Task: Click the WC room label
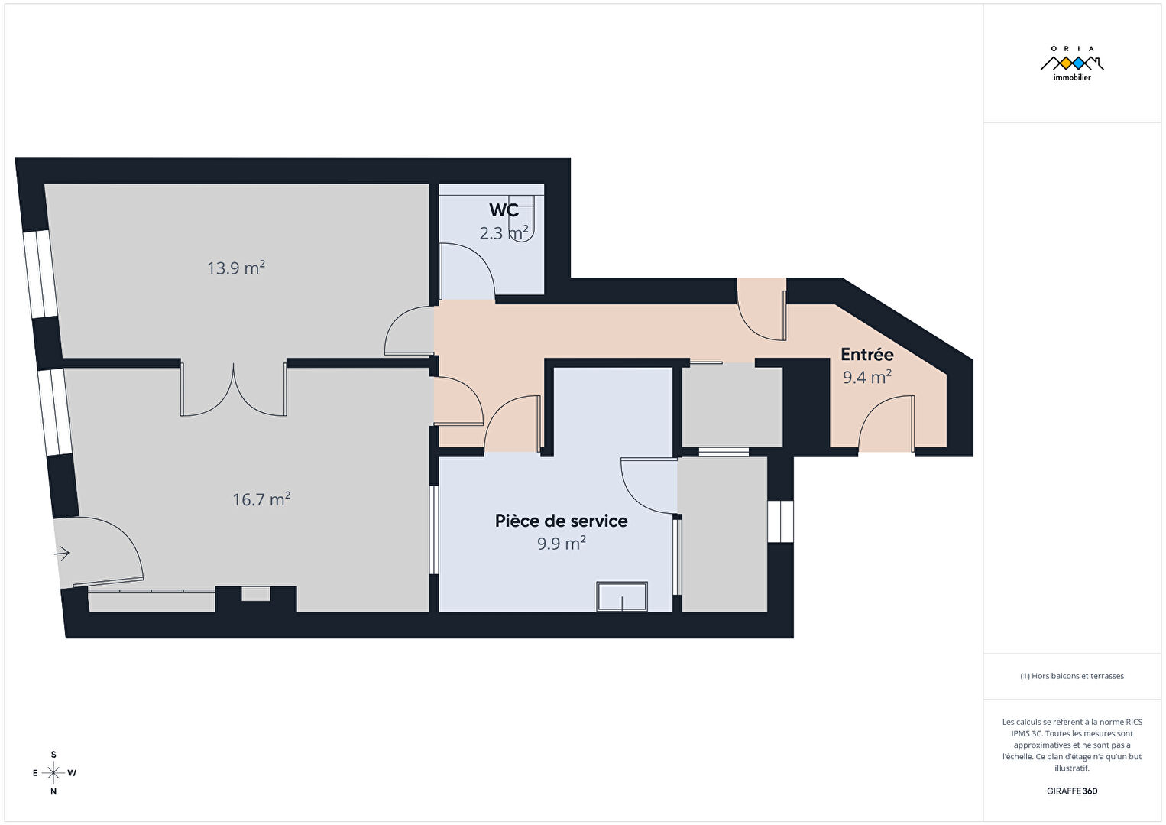pos(504,210)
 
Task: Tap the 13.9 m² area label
pos(236,268)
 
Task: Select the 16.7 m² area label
pos(261,499)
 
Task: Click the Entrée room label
pos(867,354)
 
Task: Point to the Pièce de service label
pos(561,521)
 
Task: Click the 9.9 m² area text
pos(562,544)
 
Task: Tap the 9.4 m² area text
pos(867,377)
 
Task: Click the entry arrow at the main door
pos(62,553)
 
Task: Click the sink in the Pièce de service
pos(622,596)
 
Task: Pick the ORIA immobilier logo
pos(1072,63)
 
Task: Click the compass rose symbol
pos(53,773)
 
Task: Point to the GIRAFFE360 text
pos(1072,791)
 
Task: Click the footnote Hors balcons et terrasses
pos(1072,676)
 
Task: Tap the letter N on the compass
pos(53,791)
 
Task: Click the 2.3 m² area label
pos(504,232)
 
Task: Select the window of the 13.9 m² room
pos(40,274)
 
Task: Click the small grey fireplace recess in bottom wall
pos(256,594)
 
